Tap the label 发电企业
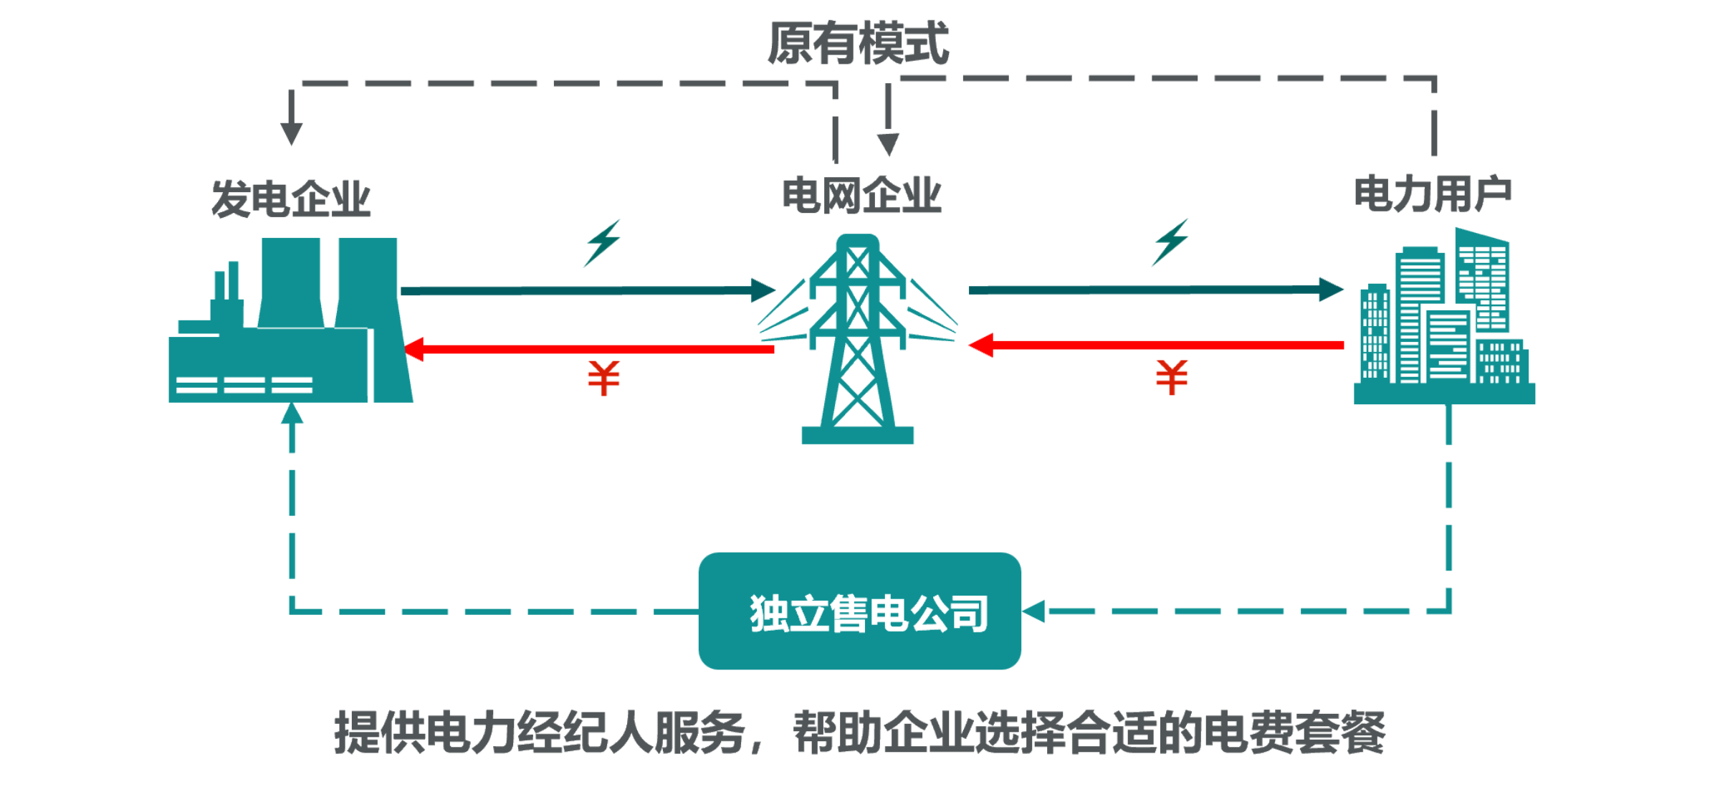[x=290, y=199]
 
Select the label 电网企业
[x=861, y=196]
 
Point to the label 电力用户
[x=1433, y=194]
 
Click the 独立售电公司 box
[x=859, y=611]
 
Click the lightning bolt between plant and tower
[x=602, y=244]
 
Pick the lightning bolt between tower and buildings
[x=1170, y=242]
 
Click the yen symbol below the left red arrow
[x=603, y=378]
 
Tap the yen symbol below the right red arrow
[x=1171, y=377]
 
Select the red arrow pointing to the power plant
[x=588, y=350]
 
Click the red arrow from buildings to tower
[x=1155, y=345]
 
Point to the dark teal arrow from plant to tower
[x=588, y=290]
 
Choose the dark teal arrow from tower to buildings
[x=1155, y=290]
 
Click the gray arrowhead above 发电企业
[x=291, y=133]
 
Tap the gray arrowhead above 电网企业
[x=888, y=143]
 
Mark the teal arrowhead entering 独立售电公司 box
[x=1033, y=611]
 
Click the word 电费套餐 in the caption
[x=1294, y=733]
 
